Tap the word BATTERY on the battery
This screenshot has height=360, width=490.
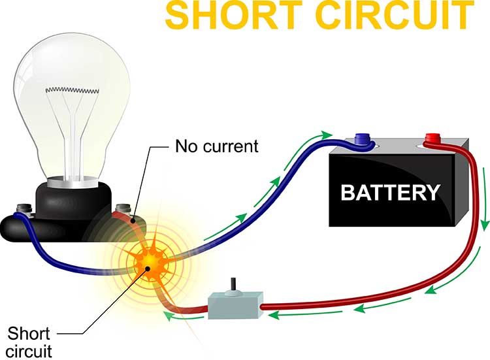pyautogui.click(x=391, y=193)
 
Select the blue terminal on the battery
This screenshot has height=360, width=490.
pyautogui.click(x=361, y=139)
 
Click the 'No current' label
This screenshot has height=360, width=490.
pyautogui.click(x=216, y=146)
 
